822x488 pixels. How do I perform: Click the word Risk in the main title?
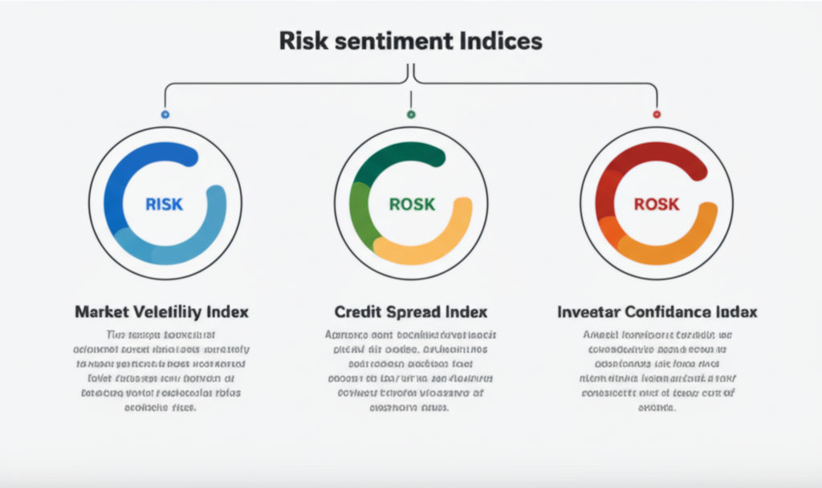(x=299, y=41)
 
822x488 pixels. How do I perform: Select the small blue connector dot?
(x=165, y=115)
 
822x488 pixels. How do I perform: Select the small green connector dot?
(x=411, y=115)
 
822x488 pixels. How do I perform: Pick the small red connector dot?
(x=657, y=115)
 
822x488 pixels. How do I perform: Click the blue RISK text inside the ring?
(x=165, y=204)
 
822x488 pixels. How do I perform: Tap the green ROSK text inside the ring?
(x=411, y=204)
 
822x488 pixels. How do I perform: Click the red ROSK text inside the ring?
(x=656, y=204)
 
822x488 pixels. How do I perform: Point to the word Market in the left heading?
(x=102, y=311)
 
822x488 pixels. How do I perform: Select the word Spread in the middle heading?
(x=411, y=311)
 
